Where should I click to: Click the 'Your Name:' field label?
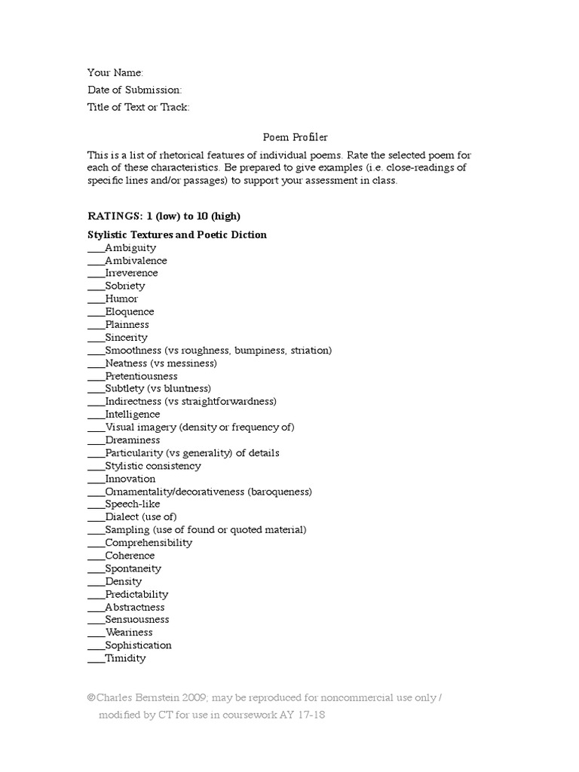click(x=115, y=73)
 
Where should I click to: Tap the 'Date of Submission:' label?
click(x=134, y=90)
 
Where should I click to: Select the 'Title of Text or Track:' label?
click(x=138, y=107)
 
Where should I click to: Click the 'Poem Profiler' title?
click(x=285, y=136)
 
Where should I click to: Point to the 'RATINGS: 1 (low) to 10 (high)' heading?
click(x=164, y=216)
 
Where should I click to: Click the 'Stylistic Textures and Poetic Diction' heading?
click(x=177, y=234)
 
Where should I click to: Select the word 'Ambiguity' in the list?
click(x=130, y=247)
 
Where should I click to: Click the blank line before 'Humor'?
click(x=96, y=300)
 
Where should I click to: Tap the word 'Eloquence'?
click(x=130, y=311)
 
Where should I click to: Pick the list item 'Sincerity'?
click(x=126, y=337)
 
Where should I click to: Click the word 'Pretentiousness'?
click(x=141, y=375)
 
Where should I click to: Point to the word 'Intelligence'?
click(x=133, y=414)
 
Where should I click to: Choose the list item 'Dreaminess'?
click(x=133, y=440)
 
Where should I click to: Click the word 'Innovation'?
click(x=130, y=479)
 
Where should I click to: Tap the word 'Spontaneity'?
click(x=133, y=568)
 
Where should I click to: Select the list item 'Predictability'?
click(x=136, y=594)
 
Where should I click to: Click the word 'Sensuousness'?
click(x=137, y=619)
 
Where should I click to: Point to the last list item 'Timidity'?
click(x=125, y=658)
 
